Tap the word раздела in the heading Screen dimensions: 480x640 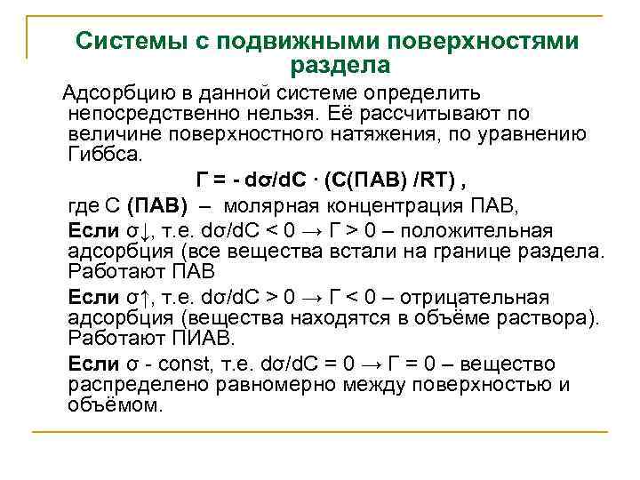(340, 65)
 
